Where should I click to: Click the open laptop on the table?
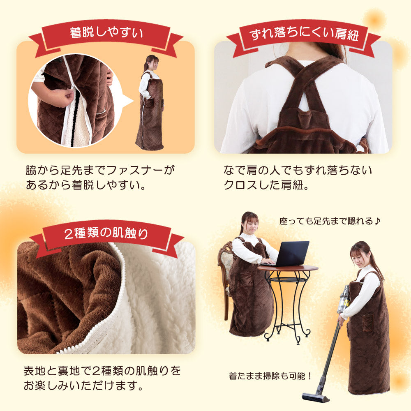click(289, 254)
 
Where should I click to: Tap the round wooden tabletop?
click(288, 268)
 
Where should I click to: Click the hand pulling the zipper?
click(61, 97)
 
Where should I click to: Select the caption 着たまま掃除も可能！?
click(270, 376)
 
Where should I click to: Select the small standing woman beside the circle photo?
click(150, 102)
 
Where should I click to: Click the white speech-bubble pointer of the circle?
click(127, 102)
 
